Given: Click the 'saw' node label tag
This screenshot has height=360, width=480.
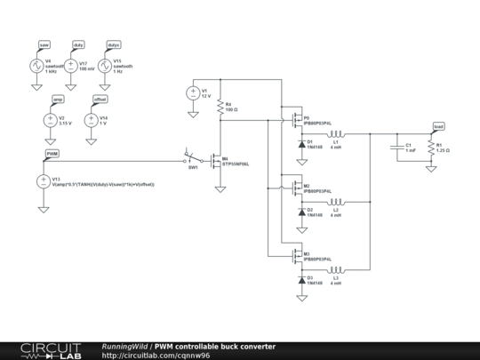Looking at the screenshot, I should coord(44,44).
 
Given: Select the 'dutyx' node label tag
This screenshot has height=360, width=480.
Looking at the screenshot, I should coord(113,44).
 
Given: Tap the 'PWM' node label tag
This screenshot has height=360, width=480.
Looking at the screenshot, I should coord(52,153).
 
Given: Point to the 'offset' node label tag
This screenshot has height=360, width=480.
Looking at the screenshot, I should coord(100,100).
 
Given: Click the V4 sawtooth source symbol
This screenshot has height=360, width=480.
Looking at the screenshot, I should coord(36,66).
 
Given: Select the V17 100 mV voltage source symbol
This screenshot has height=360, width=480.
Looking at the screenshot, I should coord(71,66).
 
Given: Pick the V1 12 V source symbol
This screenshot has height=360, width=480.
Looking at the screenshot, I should coord(192,92).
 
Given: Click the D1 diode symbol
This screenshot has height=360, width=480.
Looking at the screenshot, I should coord(301,143).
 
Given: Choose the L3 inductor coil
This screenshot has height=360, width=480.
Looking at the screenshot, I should coord(335,269).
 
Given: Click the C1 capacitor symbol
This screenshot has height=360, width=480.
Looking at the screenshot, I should coord(397,148).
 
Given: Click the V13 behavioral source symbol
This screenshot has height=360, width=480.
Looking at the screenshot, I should coord(44,181).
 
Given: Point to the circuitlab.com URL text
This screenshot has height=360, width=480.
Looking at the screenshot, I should coord(156,355).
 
